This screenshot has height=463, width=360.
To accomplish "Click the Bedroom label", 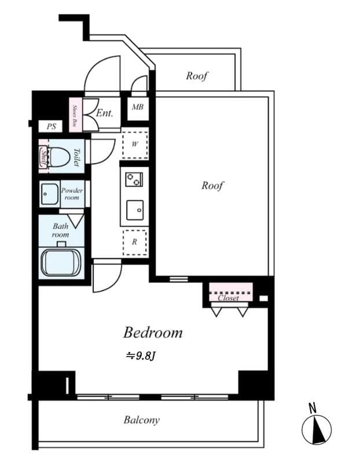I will pos(153,333).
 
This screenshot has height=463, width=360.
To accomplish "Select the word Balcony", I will pos(141,420).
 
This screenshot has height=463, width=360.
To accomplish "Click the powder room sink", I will pos(49,194).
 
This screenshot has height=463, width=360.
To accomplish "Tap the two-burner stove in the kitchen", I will pos(134,179).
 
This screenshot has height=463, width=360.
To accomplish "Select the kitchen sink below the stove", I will pos(135,210).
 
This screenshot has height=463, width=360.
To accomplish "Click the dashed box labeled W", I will pos(135,145).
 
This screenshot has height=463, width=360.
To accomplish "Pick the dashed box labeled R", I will pos(135,241).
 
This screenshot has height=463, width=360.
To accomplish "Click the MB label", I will pos(138,108).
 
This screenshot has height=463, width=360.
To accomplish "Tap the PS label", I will pos(52,126).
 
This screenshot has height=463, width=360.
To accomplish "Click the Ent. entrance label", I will pos(104,113).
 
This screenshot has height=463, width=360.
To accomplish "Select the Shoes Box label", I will pos(75,115).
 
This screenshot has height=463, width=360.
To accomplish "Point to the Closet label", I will pos(228,298).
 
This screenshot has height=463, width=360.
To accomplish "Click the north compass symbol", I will pos(316,429).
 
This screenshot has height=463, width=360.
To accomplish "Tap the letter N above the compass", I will pos(313,408).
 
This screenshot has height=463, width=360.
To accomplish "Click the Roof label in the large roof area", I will pos(212,186).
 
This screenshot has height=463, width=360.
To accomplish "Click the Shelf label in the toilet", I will pos(43,156).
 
